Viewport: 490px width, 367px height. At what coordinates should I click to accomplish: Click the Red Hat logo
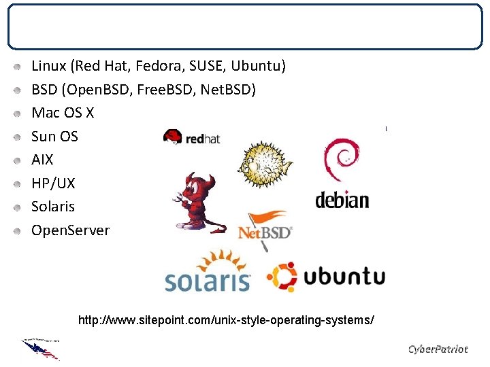(191, 137)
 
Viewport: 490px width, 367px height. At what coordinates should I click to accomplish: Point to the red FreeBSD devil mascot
(195, 200)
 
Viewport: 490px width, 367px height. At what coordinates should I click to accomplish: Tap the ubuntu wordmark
(344, 277)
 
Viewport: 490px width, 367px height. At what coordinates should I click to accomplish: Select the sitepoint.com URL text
(226, 319)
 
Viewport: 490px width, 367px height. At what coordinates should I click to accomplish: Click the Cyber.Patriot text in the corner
(438, 349)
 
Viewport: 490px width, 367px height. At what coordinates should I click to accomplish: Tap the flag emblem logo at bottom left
(41, 348)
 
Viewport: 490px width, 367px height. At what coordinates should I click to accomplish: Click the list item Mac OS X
(63, 113)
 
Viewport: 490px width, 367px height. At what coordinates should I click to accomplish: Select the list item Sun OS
(54, 136)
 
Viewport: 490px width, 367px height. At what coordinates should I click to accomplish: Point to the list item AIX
(42, 160)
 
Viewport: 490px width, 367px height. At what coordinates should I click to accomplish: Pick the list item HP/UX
(53, 183)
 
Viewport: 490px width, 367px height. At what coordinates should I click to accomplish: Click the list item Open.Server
(70, 230)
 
